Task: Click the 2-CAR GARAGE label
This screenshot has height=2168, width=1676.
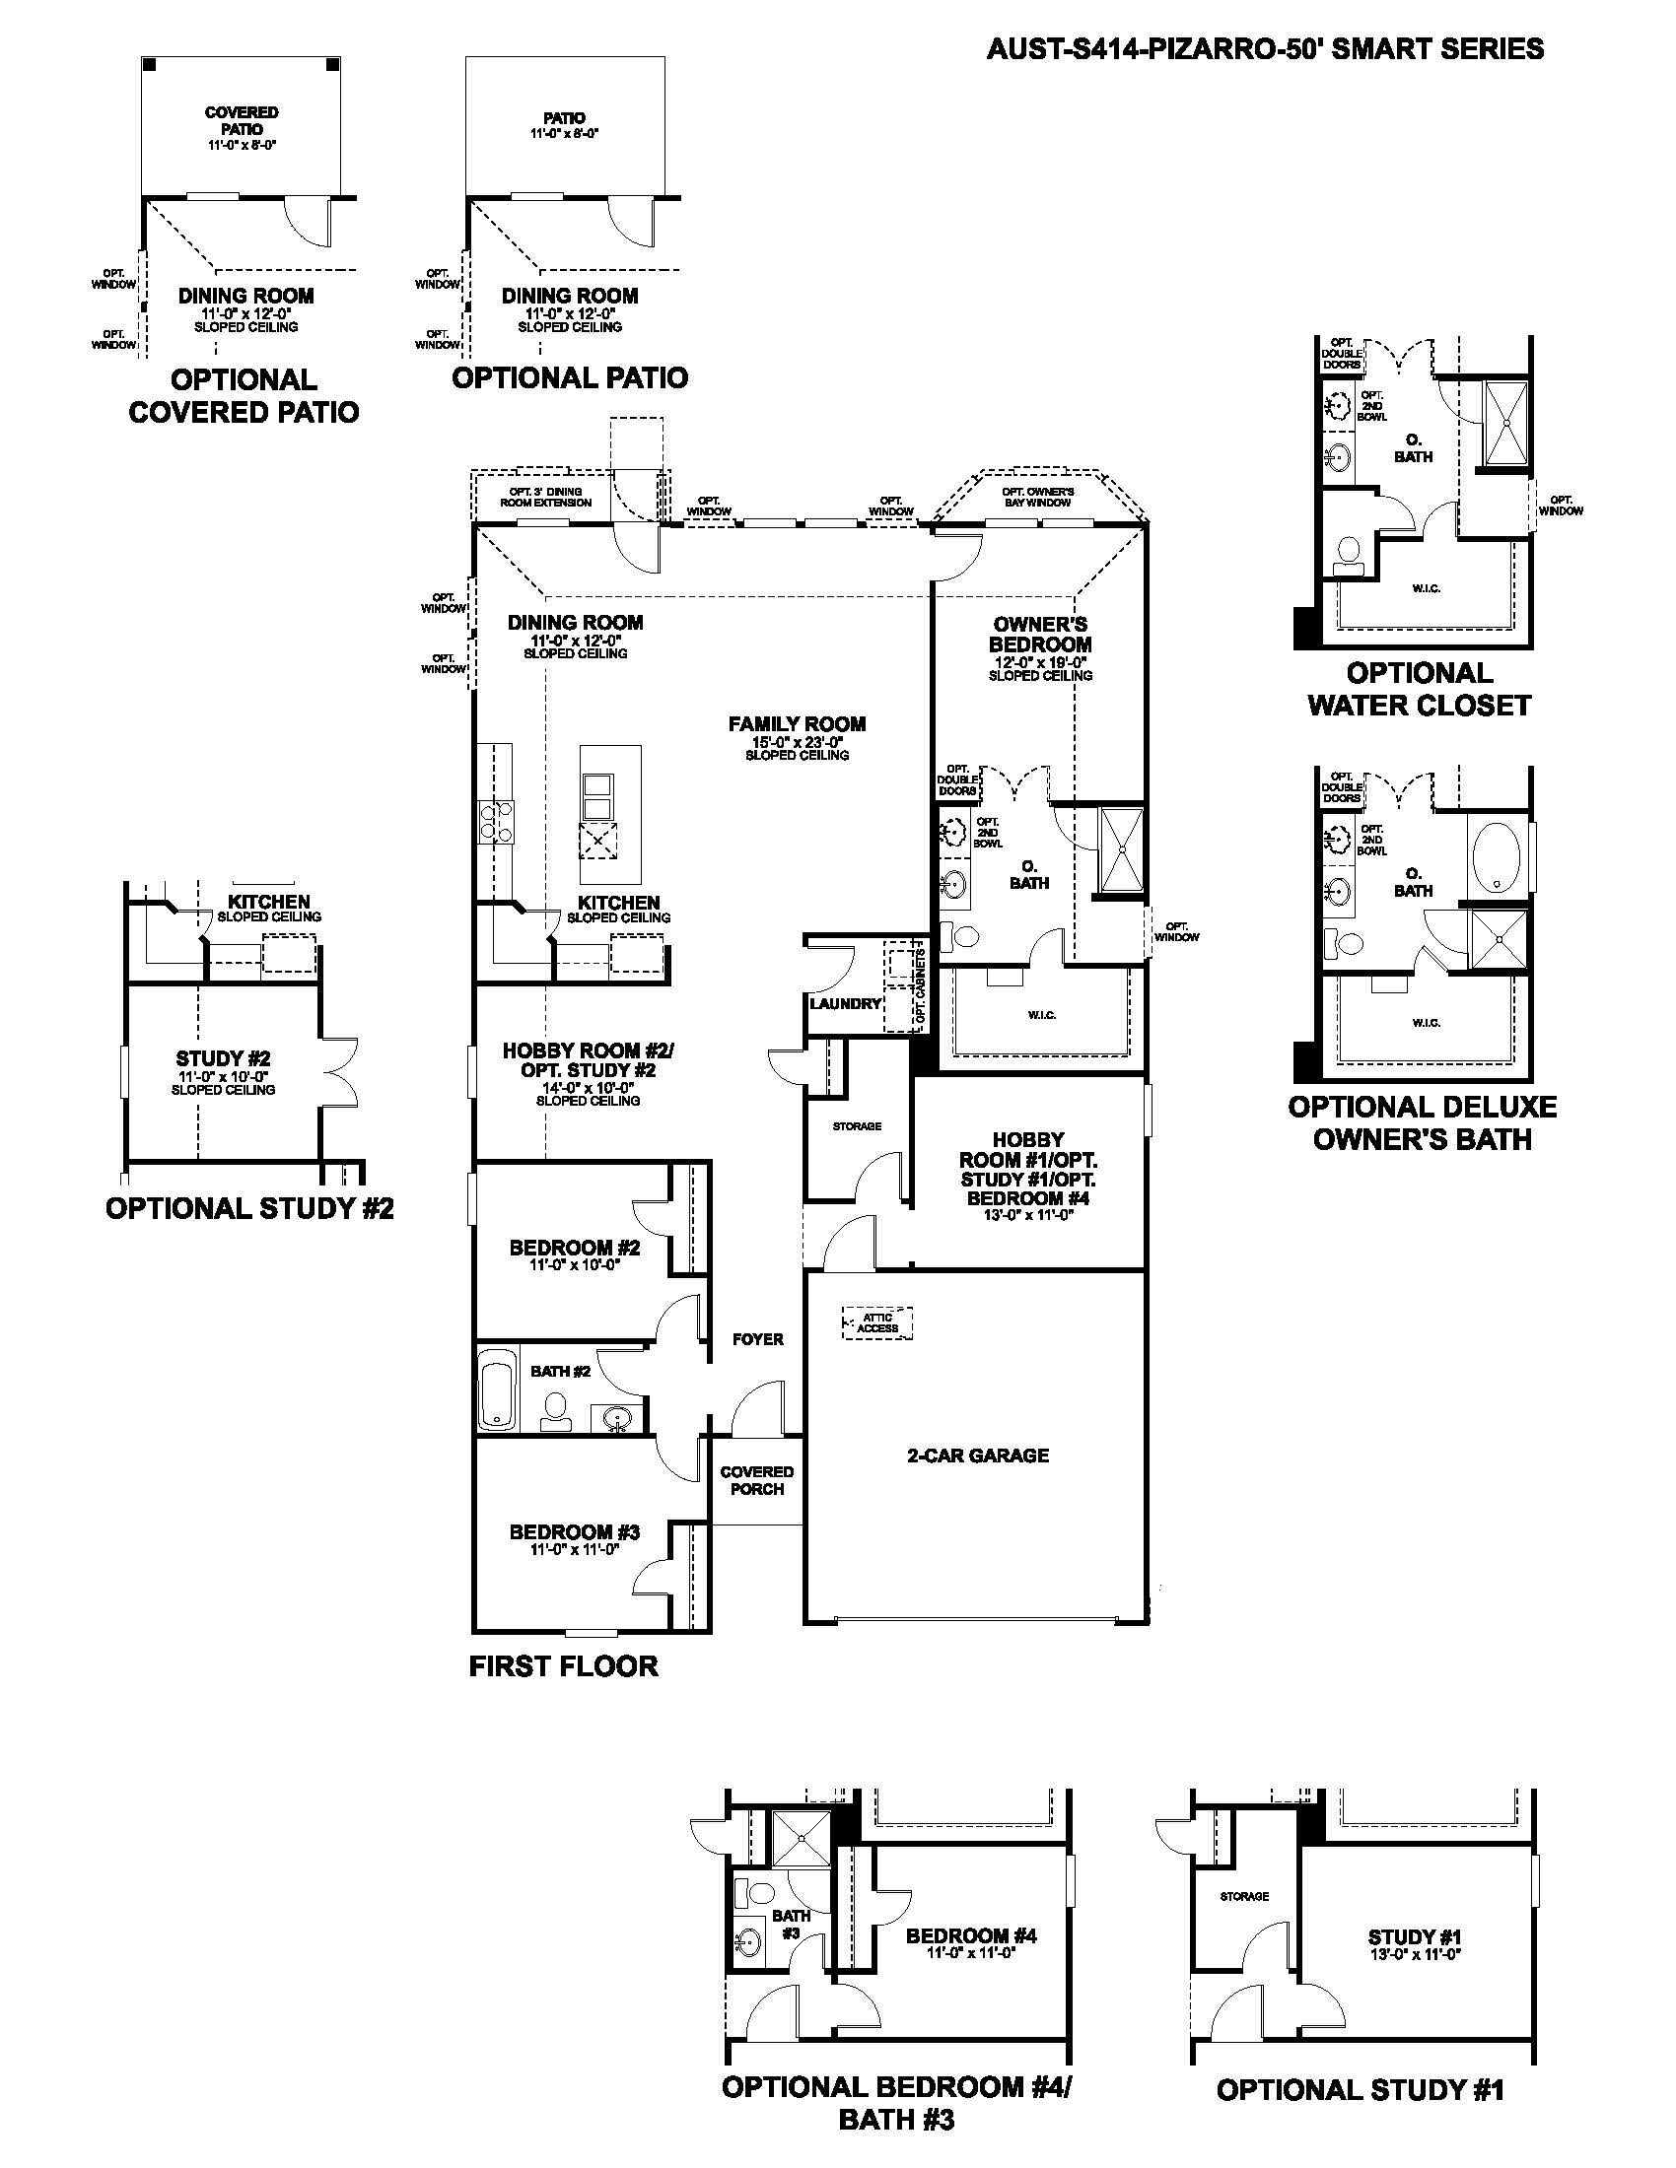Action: point(977,1456)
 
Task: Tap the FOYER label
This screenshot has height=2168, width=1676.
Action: point(757,1339)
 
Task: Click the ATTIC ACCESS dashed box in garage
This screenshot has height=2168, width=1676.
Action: point(877,1323)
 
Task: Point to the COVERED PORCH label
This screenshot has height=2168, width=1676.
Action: point(756,1480)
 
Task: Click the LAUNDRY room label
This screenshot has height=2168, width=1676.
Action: point(845,1003)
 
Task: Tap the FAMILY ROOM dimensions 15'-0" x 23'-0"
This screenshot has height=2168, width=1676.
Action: point(797,740)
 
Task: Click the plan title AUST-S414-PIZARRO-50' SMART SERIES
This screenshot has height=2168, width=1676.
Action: point(1265,48)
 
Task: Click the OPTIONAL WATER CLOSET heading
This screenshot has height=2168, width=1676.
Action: point(1419,689)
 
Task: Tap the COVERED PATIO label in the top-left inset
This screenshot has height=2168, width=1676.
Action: point(242,120)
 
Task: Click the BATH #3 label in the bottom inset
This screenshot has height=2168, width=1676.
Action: point(791,1924)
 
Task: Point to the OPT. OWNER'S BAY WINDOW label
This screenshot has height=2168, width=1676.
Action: point(1037,498)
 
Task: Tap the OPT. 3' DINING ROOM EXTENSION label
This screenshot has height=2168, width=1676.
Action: point(545,498)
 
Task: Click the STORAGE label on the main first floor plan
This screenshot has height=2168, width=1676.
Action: point(857,1126)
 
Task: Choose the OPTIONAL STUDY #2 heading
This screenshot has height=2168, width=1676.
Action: point(249,1208)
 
